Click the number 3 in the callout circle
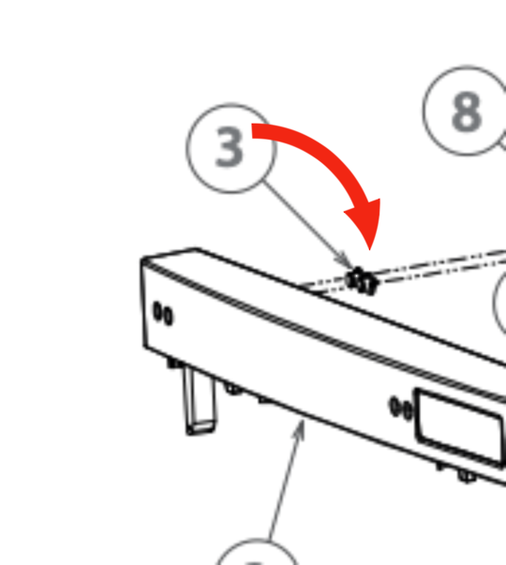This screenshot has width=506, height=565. [230, 147]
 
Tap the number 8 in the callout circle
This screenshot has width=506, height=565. [467, 111]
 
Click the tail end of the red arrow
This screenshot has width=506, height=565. [252, 131]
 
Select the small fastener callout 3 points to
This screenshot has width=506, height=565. [362, 281]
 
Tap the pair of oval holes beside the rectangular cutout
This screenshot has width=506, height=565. [401, 408]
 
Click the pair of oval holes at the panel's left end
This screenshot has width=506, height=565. [163, 314]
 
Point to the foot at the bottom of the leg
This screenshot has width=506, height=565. [201, 427]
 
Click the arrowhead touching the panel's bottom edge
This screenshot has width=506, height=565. [300, 430]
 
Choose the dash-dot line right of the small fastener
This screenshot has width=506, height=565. [441, 265]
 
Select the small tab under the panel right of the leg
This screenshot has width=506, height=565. [233, 389]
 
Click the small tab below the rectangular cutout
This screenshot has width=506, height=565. [468, 477]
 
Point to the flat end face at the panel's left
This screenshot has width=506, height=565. [145, 303]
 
